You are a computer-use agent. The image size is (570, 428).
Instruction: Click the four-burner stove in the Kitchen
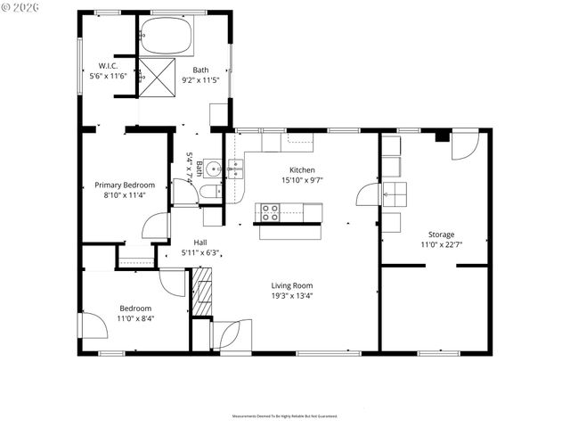[x=268, y=212]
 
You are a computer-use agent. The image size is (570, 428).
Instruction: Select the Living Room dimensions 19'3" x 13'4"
[x=292, y=296]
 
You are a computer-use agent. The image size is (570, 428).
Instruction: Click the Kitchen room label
[x=302, y=169]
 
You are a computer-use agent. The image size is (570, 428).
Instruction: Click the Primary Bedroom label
[x=125, y=185]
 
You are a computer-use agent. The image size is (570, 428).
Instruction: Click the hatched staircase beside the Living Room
[x=203, y=293]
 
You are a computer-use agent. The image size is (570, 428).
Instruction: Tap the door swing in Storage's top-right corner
[x=465, y=145]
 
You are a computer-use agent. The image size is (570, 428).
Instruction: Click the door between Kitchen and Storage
[x=367, y=194]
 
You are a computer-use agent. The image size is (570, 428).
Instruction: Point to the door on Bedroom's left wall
[x=90, y=325]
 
